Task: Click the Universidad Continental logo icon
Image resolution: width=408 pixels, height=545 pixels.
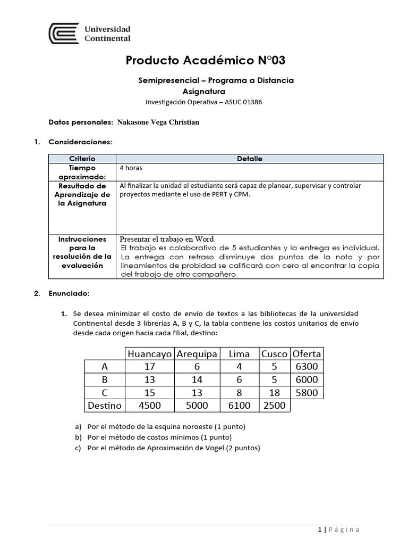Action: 64,34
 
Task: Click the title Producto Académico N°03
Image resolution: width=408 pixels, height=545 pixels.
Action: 206,61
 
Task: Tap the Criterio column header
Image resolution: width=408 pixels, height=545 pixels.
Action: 82,159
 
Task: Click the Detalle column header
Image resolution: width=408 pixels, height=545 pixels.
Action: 249,159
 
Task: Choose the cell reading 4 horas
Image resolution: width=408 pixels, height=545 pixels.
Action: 131,168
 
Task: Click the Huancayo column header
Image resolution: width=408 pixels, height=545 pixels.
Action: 149,353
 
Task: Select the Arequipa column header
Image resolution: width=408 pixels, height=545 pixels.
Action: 197,353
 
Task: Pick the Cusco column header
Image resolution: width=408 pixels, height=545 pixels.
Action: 275,353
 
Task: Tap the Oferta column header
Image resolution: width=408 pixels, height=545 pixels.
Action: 307,353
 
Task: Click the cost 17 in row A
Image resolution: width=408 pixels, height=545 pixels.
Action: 149,367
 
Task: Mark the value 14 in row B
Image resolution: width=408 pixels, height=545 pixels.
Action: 197,379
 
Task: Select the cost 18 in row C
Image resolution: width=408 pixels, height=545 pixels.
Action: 275,393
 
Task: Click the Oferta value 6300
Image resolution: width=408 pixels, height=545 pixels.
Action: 307,367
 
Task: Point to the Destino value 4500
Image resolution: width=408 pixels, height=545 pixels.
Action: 149,406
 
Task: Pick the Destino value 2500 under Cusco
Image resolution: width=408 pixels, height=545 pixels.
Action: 275,406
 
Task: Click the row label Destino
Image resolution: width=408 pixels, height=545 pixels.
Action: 104,406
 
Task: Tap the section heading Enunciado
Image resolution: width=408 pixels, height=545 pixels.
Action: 69,293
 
